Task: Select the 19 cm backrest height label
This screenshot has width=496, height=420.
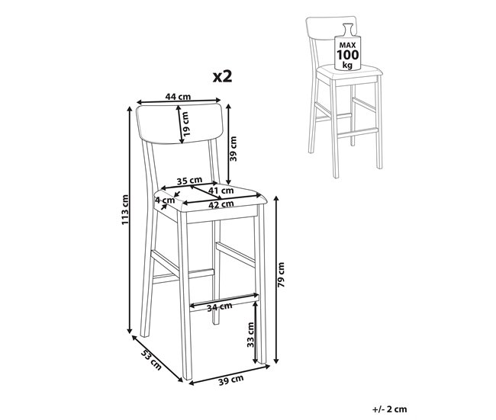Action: (x=185, y=124)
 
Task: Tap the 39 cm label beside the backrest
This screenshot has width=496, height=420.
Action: (x=234, y=149)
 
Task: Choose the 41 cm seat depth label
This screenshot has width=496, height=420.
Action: (x=221, y=191)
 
